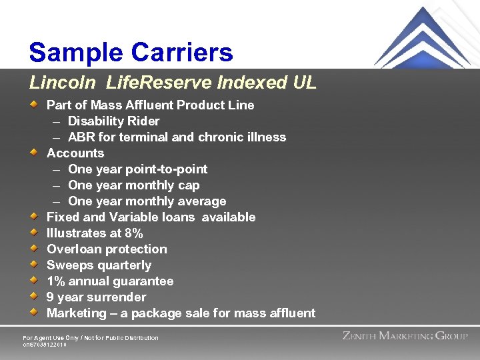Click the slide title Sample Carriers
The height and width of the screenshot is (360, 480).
[131, 52]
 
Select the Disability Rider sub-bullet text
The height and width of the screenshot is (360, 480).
[113, 121]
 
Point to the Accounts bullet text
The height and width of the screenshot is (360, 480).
[75, 153]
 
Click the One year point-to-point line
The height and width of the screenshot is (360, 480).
[137, 169]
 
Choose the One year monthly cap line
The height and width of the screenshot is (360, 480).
[133, 185]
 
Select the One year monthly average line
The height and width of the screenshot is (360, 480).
[147, 201]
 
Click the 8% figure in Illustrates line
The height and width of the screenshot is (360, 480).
[134, 233]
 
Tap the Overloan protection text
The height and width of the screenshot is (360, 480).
[107, 249]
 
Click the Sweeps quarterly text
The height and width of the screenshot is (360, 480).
[99, 265]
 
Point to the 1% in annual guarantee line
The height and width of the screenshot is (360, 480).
[55, 281]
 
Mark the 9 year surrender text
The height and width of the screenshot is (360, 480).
[96, 297]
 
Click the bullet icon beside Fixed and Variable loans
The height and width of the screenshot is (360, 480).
[34, 217]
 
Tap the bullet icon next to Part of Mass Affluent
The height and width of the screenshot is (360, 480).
[34, 105]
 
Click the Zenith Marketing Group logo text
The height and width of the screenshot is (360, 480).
[405, 336]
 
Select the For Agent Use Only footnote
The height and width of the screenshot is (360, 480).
[91, 338]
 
